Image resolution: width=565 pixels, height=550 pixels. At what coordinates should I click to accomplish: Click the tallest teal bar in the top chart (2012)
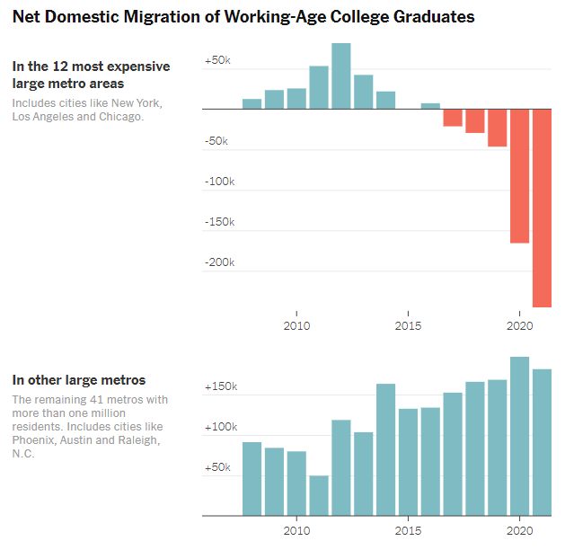pos(340,75)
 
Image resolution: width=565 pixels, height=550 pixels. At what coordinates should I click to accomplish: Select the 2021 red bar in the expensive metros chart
pos(542,208)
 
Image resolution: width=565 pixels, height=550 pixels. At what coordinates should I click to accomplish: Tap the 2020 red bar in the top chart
pos(519,176)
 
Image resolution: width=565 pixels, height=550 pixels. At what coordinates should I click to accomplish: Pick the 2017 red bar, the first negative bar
pos(453,118)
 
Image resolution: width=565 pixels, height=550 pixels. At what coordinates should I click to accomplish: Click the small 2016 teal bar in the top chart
pos(430,106)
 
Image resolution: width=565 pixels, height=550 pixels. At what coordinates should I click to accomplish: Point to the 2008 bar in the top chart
pos(252,103)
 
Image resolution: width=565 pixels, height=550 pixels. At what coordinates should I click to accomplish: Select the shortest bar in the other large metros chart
pos(319,495)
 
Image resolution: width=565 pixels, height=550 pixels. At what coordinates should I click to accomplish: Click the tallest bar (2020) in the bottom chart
pos(519,436)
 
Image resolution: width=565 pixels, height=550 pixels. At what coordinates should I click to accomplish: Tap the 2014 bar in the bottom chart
pos(385,449)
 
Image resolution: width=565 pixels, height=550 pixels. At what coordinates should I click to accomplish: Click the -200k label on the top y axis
pos(218,262)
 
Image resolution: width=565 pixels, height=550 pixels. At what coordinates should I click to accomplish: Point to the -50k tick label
pos(216,141)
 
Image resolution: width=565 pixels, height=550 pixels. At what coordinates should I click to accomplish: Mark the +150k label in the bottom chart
pos(220,386)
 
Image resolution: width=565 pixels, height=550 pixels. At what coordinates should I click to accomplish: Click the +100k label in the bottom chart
pos(220,427)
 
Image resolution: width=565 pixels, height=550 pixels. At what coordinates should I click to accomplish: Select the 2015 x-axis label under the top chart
pos(408,325)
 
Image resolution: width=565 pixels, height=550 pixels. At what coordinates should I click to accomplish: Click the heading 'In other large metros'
pos(79,380)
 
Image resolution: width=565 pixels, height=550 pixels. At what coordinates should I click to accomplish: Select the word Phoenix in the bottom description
pos(34,440)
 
